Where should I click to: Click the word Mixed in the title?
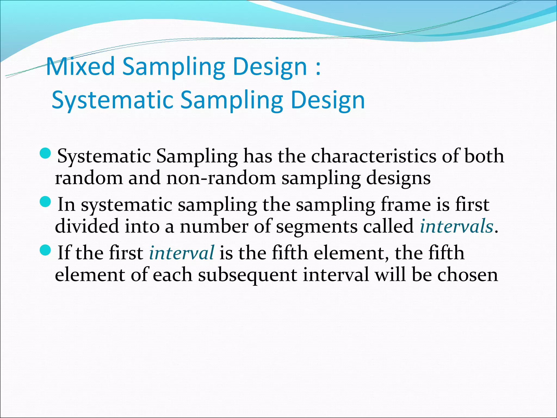[x=81, y=67]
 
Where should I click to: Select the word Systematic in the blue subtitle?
[x=112, y=100]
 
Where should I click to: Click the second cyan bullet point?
[x=45, y=202]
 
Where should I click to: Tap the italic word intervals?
[x=456, y=226]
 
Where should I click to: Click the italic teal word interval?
[x=181, y=253]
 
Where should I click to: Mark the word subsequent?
[x=247, y=275]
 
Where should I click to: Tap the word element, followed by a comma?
[x=351, y=253]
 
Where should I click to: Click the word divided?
[x=87, y=226]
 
